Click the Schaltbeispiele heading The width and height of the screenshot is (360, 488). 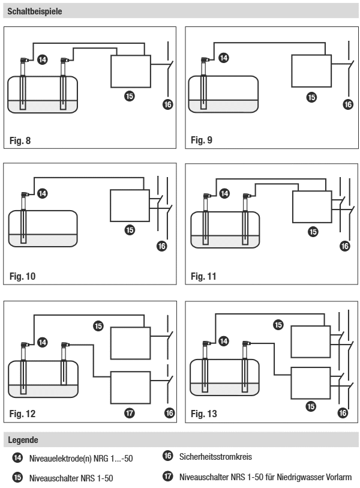(x=35, y=11)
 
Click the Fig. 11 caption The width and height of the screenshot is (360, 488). (x=203, y=277)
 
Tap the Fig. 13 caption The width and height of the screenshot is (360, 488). (x=204, y=414)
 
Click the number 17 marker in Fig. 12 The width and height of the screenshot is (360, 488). (x=130, y=413)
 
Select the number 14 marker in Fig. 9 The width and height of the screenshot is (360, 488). (x=224, y=58)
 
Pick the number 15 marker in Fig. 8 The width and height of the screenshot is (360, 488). (x=130, y=95)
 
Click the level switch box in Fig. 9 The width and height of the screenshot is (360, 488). (x=311, y=71)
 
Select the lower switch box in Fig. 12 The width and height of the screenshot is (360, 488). (x=130, y=388)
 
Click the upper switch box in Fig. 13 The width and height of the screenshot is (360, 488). (x=310, y=343)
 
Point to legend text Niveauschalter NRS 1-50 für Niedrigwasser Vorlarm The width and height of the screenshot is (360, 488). (x=265, y=478)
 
